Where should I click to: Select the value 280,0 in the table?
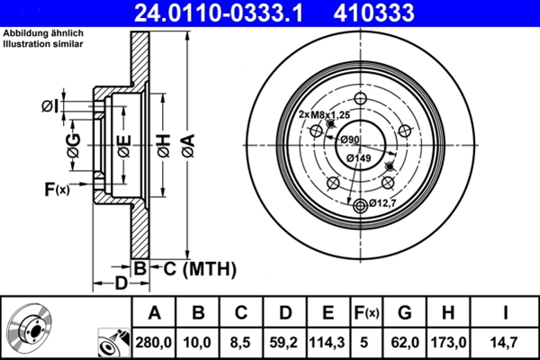pos(153,341)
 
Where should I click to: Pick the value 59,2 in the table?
pos(284,341)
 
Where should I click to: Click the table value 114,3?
pos(328,341)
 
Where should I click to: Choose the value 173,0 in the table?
pos(450,341)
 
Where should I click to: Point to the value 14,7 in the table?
pos(506,341)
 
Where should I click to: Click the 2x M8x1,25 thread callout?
pos(324,115)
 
